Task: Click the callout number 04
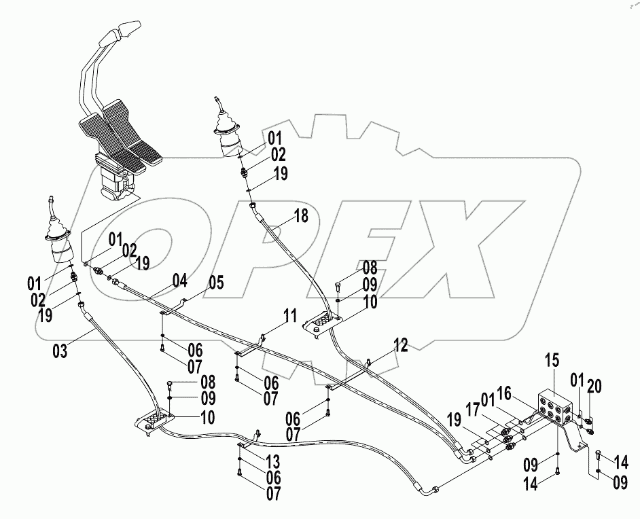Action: tap(179, 280)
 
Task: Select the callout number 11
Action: tap(291, 316)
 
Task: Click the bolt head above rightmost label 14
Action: tap(597, 454)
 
